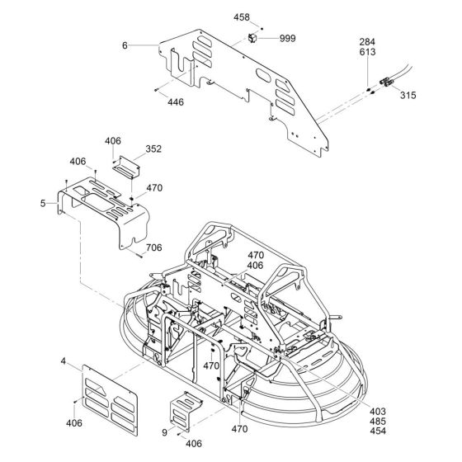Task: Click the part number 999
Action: coord(287,39)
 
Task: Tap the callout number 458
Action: coord(242,17)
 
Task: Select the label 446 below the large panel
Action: coord(176,102)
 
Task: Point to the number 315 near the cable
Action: coord(408,95)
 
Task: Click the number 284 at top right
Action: coord(367,42)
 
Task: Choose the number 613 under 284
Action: coord(367,52)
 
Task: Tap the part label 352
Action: coord(153,149)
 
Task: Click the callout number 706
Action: coord(153,247)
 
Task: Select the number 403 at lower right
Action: coord(378,412)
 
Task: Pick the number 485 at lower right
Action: coord(378,422)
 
